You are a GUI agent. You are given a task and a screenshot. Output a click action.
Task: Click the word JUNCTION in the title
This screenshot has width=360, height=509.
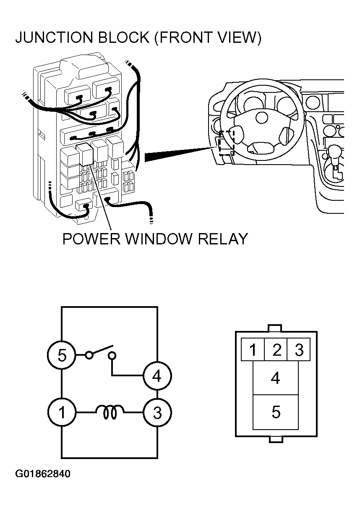pos(54,37)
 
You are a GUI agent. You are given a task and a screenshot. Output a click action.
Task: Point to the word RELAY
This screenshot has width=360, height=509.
pos(222,239)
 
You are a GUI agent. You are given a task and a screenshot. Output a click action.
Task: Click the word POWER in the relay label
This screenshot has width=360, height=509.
pos(91,239)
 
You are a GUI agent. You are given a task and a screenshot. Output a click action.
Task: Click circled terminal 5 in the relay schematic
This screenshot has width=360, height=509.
pos(62,355)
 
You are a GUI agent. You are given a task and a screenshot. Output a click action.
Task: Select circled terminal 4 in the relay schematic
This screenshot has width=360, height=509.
pos(157,376)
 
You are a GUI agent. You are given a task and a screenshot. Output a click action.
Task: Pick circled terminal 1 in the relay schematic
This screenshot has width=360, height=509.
pos(62,412)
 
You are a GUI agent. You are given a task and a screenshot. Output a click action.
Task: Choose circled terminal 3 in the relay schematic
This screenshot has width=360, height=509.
pos(157,412)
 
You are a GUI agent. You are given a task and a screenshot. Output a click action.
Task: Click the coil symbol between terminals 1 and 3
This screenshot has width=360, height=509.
pos(110,412)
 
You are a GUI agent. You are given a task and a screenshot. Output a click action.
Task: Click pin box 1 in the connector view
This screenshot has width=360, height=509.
pos(253,349)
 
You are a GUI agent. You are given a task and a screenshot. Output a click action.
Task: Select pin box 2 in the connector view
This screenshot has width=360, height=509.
pos(276,349)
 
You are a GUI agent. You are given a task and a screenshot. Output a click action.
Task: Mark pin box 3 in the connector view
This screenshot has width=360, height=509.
pos(299,349)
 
